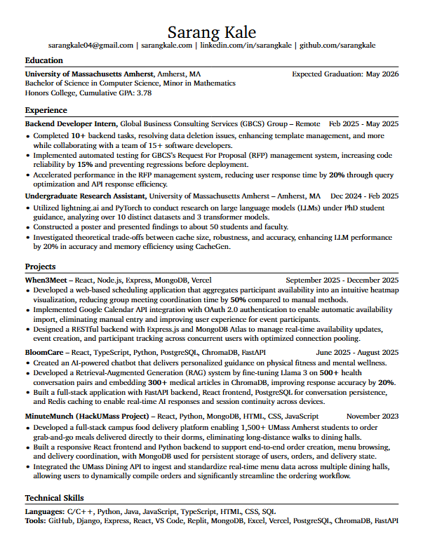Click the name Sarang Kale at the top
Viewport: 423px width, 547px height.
coord(211,32)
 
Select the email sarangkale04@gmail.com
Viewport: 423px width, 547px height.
coord(90,46)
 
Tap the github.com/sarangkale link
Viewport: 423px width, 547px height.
coord(337,46)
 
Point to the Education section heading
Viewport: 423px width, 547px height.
coord(43,61)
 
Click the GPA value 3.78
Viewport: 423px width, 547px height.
coord(144,93)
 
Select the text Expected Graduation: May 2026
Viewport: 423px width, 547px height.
coord(345,74)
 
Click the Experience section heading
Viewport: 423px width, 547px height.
coord(46,111)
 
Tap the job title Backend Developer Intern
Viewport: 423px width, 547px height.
coord(71,123)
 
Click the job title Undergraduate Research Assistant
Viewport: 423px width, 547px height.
coord(85,196)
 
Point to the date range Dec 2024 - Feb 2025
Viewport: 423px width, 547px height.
coord(364,196)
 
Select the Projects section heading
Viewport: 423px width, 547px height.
coord(41,267)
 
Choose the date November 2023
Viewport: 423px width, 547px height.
coord(372,417)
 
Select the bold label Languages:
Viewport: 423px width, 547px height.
coord(46,512)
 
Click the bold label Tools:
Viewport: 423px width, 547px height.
coord(36,522)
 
